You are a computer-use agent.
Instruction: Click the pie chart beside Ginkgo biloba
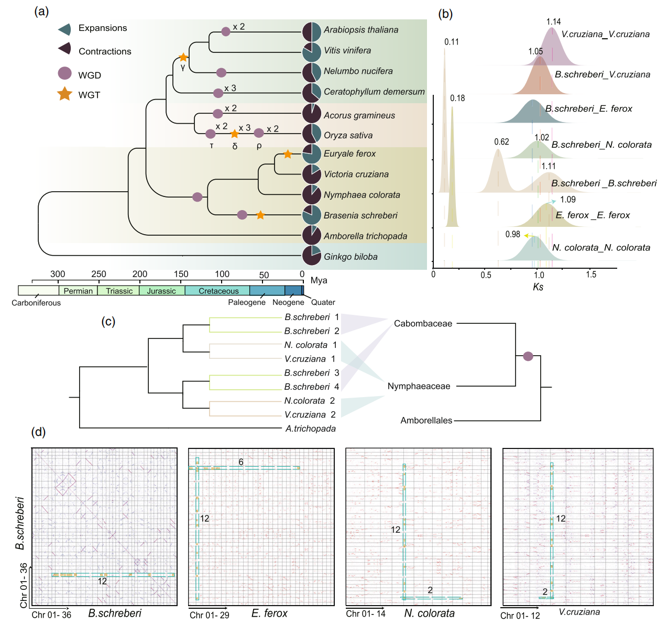click(x=312, y=256)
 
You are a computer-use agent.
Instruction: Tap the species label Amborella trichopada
click(x=365, y=236)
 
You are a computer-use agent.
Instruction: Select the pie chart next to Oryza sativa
click(x=312, y=134)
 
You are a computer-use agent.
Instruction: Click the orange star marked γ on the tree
click(x=183, y=57)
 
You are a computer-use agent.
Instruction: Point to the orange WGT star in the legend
click(x=64, y=94)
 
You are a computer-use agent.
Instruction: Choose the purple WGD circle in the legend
click(x=64, y=74)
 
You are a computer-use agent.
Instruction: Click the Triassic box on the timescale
click(x=119, y=291)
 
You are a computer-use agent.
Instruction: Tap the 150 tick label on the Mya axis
click(x=181, y=274)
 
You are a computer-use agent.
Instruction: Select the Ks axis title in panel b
click(x=538, y=287)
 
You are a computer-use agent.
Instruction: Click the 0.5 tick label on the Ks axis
click(x=486, y=275)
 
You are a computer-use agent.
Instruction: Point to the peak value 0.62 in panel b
click(x=501, y=142)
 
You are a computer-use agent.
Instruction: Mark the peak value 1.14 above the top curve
click(x=553, y=22)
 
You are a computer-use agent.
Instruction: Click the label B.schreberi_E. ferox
click(x=588, y=109)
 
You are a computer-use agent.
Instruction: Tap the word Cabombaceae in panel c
click(x=423, y=324)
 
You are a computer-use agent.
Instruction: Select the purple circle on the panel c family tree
click(x=528, y=356)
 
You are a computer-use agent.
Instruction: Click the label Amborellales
click(x=426, y=420)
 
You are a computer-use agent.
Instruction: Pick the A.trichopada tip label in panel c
click(x=310, y=429)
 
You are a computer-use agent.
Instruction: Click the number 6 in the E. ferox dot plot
click(x=241, y=462)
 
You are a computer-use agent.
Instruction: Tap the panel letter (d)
click(x=38, y=432)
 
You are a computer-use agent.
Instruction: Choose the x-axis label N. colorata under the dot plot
click(x=429, y=613)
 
